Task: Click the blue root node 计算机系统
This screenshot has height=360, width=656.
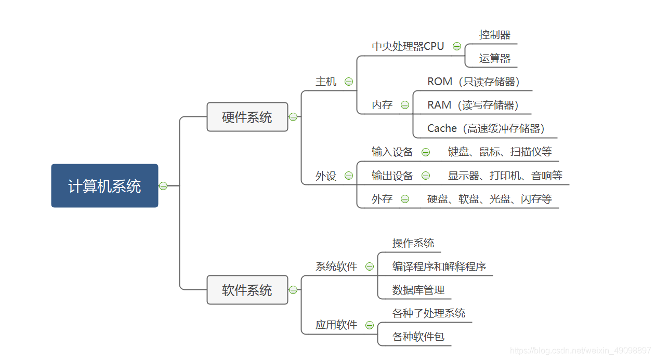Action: point(104,186)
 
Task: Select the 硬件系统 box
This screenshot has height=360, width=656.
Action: point(247,117)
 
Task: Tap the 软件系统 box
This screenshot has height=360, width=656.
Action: point(247,290)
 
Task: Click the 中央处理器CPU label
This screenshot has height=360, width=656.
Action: point(408,46)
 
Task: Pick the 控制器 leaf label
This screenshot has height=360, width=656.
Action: point(494,35)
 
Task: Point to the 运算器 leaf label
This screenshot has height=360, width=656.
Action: point(494,58)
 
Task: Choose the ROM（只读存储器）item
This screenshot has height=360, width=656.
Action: point(473,82)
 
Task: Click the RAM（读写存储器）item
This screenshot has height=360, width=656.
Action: point(473,105)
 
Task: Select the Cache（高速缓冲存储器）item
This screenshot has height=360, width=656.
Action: point(486,128)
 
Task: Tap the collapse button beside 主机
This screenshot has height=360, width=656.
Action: point(349,82)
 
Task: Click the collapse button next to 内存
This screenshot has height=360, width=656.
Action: point(405,105)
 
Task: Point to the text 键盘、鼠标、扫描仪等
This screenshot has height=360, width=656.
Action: point(500,152)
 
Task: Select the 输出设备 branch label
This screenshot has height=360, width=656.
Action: point(392,176)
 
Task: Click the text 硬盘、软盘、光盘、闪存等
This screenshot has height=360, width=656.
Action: point(489,199)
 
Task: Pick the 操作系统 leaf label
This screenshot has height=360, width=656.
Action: point(413,243)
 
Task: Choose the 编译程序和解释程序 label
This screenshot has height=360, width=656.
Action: point(439,266)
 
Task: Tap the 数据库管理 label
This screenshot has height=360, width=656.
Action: point(418,290)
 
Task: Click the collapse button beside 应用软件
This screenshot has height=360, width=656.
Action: point(370,325)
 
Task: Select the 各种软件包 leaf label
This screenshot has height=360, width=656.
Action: point(418,337)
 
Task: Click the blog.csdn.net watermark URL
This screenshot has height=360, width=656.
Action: point(580,351)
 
